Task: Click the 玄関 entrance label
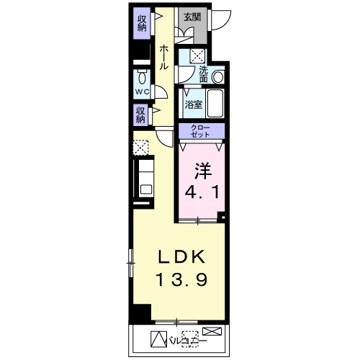tap(192, 17)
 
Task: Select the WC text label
tap(142, 91)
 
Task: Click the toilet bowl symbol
tap(142, 76)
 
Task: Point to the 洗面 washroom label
tap(204, 74)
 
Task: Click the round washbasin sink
tap(218, 77)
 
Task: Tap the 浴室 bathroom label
tap(194, 104)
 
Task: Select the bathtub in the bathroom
tap(215, 103)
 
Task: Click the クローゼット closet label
tap(200, 131)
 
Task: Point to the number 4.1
tap(202, 192)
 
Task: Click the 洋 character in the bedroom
tap(203, 171)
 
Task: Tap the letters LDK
tap(181, 256)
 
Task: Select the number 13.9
tap(181, 279)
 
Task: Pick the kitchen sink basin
tap(146, 189)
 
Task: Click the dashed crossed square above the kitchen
tap(140, 147)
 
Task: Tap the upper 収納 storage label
tap(142, 23)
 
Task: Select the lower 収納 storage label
tap(140, 115)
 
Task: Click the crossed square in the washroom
tap(197, 56)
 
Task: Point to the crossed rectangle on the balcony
tap(212, 331)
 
